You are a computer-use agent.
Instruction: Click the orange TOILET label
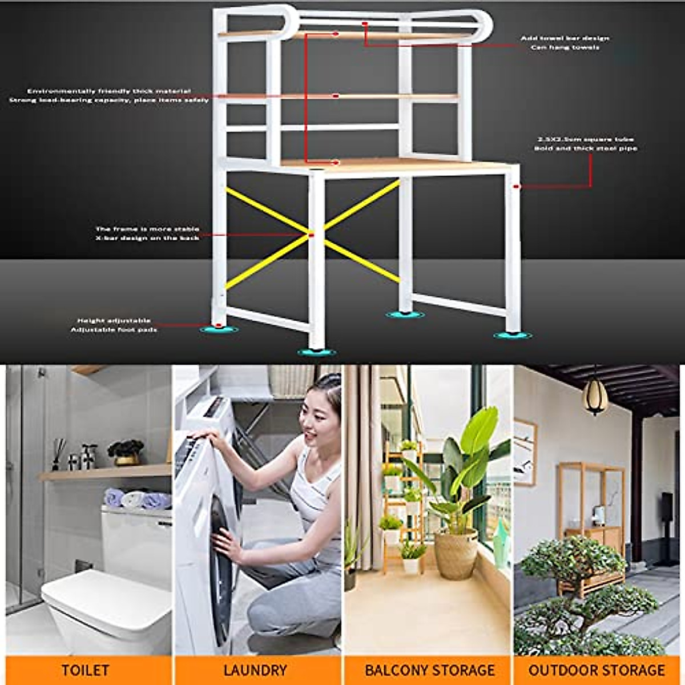point(86,670)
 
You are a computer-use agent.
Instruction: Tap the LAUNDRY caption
point(255,670)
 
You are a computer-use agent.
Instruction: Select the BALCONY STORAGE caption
point(429,670)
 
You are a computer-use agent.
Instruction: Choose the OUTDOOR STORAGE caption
point(597,670)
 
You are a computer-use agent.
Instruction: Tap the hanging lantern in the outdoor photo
point(594,396)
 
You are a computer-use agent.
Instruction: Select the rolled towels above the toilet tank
point(137,499)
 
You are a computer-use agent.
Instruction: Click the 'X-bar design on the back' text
point(147,237)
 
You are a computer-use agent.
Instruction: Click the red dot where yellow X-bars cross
point(311,234)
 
